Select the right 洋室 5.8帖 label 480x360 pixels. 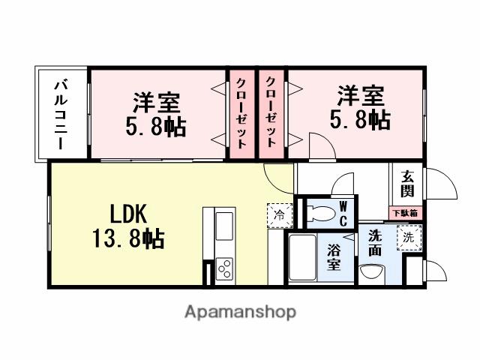[361, 108]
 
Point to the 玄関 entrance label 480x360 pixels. [407, 184]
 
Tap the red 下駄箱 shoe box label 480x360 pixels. [406, 212]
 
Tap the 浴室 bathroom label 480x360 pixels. [333, 257]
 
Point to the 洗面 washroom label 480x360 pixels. [374, 241]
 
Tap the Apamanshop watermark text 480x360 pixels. [239, 311]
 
